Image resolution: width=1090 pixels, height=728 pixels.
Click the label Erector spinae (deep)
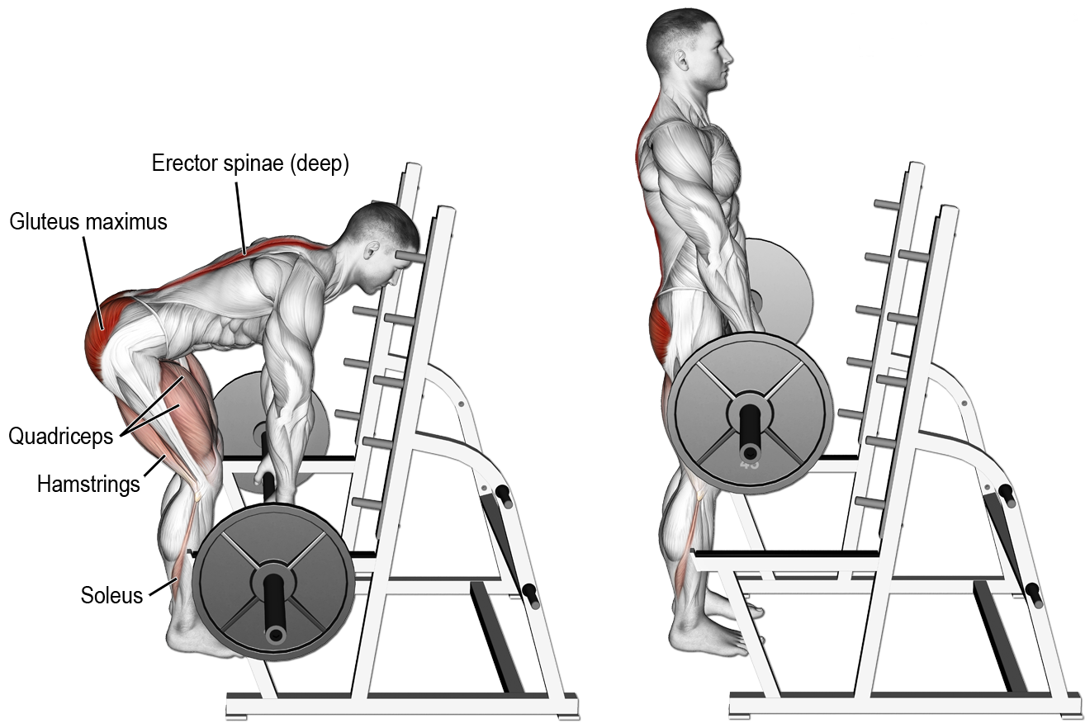(x=250, y=163)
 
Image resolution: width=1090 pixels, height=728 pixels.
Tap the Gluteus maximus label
(x=88, y=221)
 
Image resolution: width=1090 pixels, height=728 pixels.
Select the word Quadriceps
(x=60, y=436)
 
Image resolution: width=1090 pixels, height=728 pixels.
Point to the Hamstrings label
(x=88, y=484)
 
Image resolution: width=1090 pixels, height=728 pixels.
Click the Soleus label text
(x=111, y=594)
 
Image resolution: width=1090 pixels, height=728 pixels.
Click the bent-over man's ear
(x=372, y=250)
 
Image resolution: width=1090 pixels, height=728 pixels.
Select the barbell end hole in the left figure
(x=275, y=634)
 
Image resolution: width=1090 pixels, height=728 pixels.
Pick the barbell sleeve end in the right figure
(x=749, y=451)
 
